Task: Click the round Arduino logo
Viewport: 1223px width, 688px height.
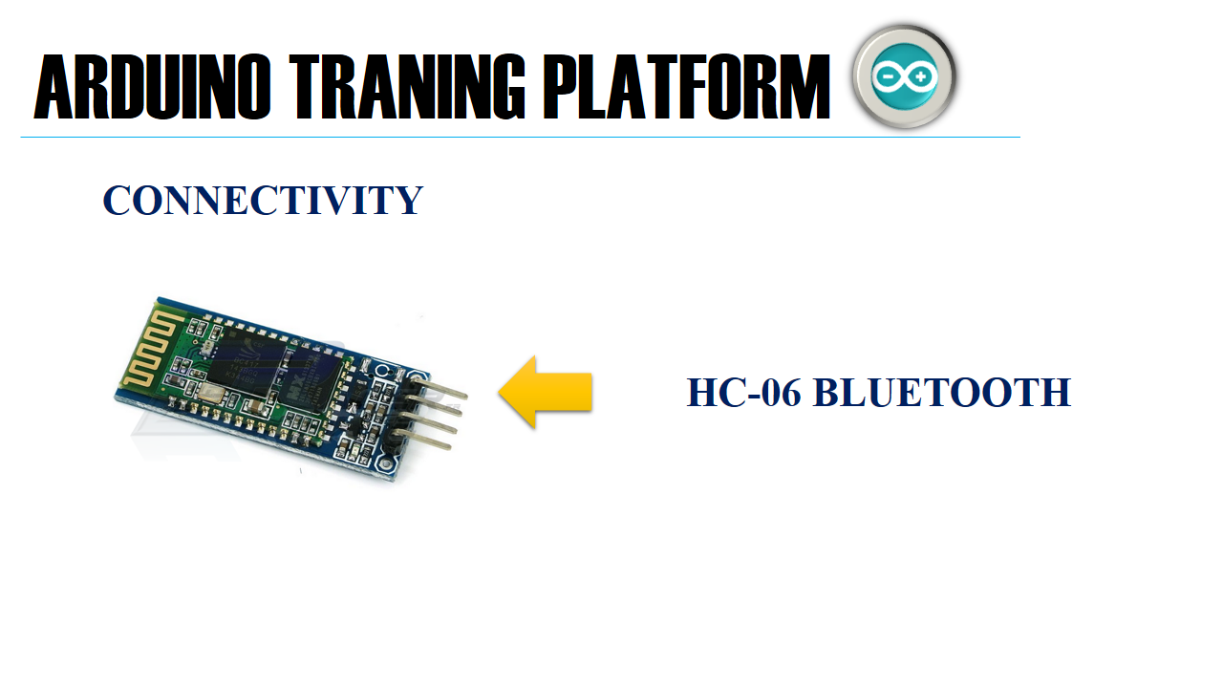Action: pyautogui.click(x=904, y=76)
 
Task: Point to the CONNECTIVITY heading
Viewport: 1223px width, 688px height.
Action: pyautogui.click(x=263, y=201)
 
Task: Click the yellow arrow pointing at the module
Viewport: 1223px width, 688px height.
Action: pyautogui.click(x=546, y=392)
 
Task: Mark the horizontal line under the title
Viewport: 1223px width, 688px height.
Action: pyautogui.click(x=520, y=138)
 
